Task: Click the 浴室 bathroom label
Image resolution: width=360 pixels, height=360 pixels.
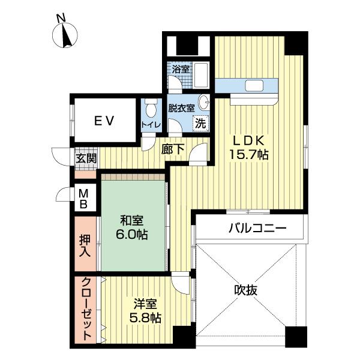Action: pos(181,70)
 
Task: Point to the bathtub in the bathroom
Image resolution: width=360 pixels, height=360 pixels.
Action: pos(200,76)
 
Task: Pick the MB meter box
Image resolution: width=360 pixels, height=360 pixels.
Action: pos(85,199)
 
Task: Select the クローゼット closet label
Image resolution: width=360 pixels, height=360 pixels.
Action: pos(86,308)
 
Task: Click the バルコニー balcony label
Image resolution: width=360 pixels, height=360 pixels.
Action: pos(256,229)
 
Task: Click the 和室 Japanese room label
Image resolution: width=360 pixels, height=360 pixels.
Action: pos(131,219)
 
